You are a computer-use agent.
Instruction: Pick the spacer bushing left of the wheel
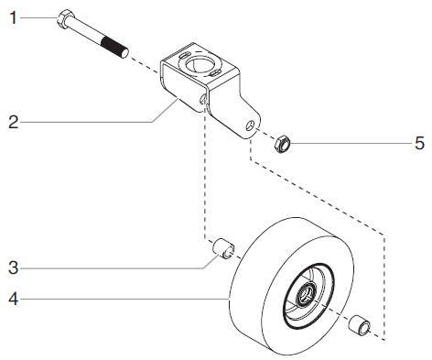[222, 247]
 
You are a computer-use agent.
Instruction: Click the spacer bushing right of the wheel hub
[360, 323]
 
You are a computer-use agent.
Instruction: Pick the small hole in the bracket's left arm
[201, 98]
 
